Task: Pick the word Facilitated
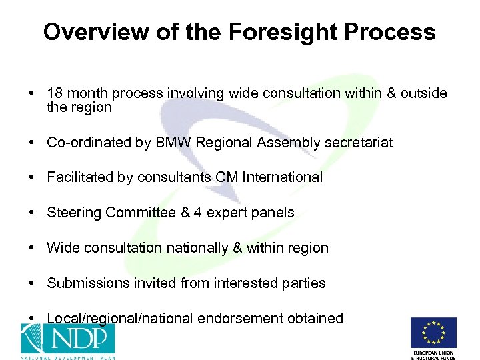(79, 177)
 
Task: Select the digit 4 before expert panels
(197, 213)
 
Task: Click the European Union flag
(433, 333)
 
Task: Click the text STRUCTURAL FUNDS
(433, 357)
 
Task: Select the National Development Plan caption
(66, 356)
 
